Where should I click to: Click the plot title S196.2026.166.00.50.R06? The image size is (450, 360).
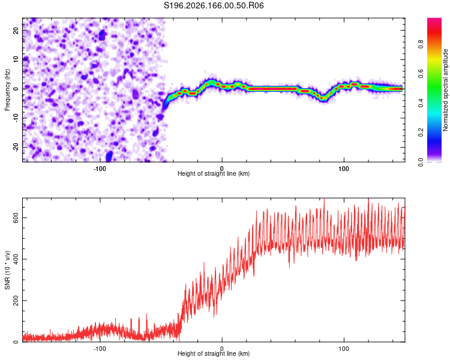point(214,5)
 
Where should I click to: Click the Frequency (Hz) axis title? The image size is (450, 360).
point(7,90)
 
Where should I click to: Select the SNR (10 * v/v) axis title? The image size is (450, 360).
point(7,270)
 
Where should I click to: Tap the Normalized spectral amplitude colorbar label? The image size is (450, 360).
point(445,90)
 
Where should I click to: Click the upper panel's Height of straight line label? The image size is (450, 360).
point(214,173)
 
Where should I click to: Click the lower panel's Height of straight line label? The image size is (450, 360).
point(214,353)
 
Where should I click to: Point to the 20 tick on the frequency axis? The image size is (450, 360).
point(16,31)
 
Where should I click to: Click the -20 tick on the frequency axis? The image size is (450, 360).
point(16,147)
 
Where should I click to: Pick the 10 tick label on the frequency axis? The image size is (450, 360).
point(16,59)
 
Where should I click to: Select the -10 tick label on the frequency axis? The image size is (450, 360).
point(16,118)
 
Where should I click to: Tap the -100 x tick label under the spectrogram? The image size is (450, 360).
point(100,169)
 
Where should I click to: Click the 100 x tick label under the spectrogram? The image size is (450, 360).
point(344,169)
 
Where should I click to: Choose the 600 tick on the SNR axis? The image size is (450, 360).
point(16,218)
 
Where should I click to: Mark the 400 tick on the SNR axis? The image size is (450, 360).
point(16,259)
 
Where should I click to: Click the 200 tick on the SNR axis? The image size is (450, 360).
point(16,301)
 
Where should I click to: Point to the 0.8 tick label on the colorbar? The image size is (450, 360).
point(421,44)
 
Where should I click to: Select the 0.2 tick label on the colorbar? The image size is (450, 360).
point(421,133)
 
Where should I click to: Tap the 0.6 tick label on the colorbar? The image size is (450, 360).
point(421,73)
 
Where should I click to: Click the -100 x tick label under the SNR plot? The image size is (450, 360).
point(100,349)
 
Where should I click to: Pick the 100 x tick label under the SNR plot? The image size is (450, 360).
point(344,349)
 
